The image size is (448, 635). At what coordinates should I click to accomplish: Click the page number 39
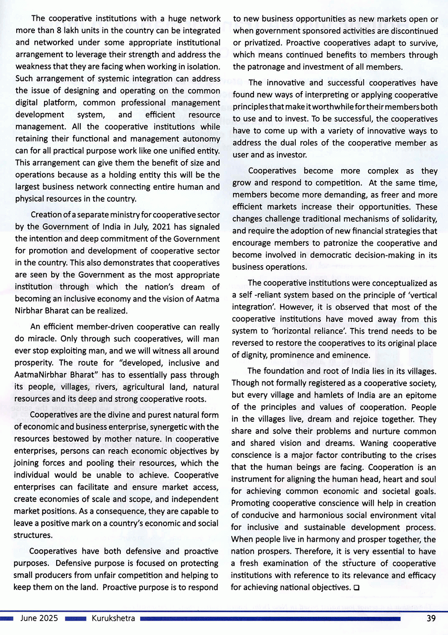coord(431,618)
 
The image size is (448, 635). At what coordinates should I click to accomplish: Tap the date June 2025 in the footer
coord(39,618)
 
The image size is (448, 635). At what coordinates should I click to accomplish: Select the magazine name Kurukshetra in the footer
coord(113,618)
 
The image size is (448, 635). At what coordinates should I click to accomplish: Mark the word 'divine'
coord(115,415)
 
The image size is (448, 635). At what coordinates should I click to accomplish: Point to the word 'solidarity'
coord(418,219)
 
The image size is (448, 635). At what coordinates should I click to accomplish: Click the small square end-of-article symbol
coord(356,588)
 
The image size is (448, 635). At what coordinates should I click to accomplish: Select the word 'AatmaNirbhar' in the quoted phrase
coord(39,375)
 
